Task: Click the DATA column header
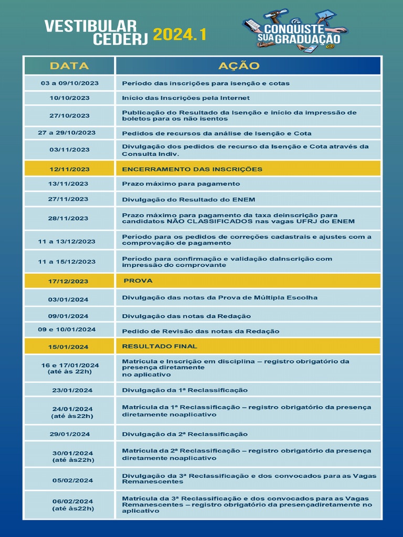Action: pos(69,66)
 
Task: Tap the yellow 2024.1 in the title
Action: pos(179,35)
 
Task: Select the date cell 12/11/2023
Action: pos(69,169)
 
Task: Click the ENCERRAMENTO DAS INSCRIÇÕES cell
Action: pos(192,169)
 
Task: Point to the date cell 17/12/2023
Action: pos(69,282)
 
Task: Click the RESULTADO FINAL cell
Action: pos(160,347)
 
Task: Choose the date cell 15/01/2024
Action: pos(69,347)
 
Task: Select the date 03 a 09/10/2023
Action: pos(69,83)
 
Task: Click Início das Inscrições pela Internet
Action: pos(186,98)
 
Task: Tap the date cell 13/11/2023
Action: pos(69,184)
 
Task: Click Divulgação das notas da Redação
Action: pos(186,316)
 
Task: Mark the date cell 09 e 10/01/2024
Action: pos(67,330)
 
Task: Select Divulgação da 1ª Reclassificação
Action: pos(185,390)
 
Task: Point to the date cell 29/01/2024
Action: pos(70,434)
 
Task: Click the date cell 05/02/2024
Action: pos(72,480)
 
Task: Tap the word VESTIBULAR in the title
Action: pos(90,26)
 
